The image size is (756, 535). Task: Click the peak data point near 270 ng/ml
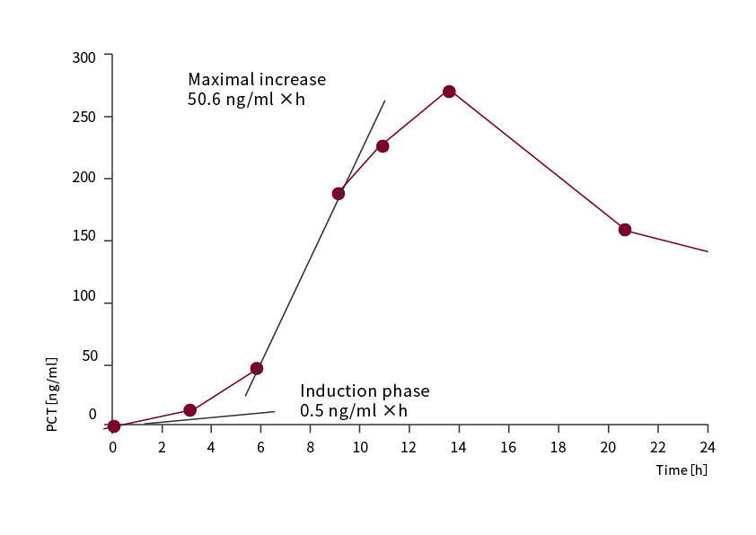coord(449,92)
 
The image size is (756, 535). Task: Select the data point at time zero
coord(113,426)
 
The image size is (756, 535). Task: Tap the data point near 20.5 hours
coord(625,230)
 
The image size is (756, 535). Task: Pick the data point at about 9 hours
coord(338,194)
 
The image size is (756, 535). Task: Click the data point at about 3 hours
coord(189,410)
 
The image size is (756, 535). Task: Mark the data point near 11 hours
coord(382,146)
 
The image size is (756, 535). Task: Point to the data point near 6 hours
coord(257,368)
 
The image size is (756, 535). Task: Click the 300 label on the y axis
coord(84,57)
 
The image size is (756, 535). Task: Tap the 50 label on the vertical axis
coord(89,356)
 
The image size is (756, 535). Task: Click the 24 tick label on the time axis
coord(707,447)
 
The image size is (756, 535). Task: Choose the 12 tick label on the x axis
coord(409,447)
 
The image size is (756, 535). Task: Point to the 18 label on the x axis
coord(558,447)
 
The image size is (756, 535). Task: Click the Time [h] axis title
coord(681,470)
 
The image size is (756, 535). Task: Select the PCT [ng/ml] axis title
coord(52,394)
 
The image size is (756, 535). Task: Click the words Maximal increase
coord(257,79)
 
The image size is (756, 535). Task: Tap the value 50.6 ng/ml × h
coord(246,100)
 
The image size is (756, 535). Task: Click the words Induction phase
coord(365,391)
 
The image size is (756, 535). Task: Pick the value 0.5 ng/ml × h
coord(354,411)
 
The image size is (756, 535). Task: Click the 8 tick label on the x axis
coord(310,447)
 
